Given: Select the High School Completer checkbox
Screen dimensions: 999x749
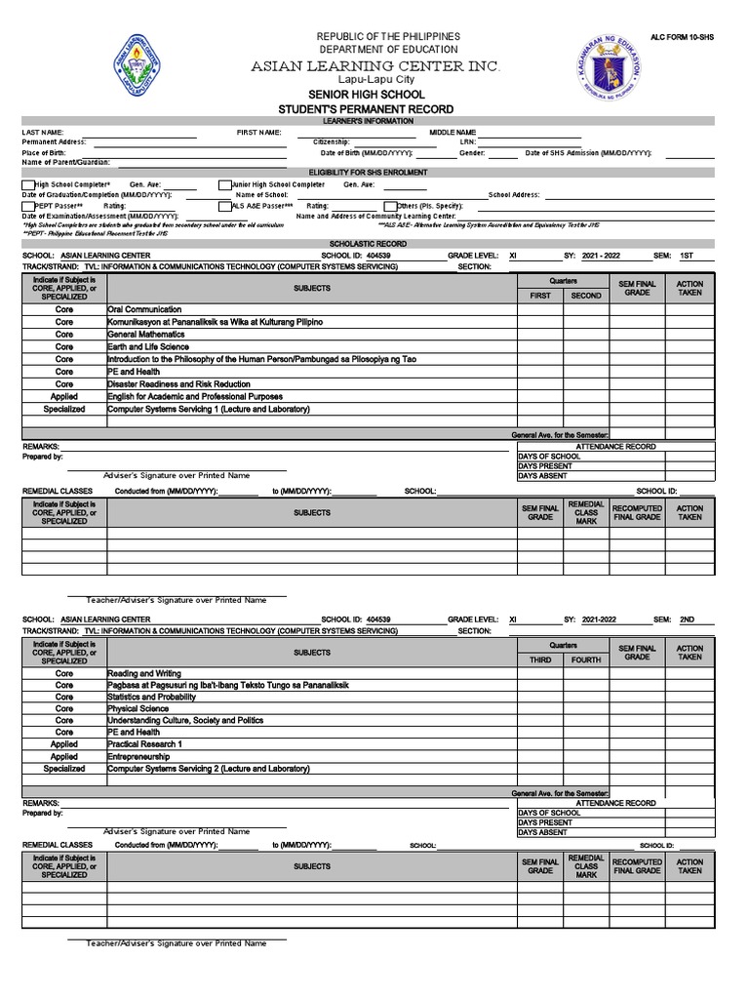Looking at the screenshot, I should pyautogui.click(x=26, y=183).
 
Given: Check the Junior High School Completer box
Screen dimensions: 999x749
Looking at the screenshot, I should pyautogui.click(x=223, y=183).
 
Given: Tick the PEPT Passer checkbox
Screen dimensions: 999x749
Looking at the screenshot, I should pyautogui.click(x=26, y=206).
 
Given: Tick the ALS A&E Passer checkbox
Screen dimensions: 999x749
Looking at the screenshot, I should pyautogui.click(x=223, y=206).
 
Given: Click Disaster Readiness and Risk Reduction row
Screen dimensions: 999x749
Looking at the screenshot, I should pyautogui.click(x=178, y=384).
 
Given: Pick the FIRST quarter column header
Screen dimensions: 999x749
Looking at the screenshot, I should pyautogui.click(x=539, y=296).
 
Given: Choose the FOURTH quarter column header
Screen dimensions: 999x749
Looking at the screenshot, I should pyautogui.click(x=586, y=660).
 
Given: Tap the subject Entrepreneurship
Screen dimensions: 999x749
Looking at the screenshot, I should pyautogui.click(x=138, y=756).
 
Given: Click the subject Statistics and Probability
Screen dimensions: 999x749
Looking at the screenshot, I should pyautogui.click(x=151, y=698).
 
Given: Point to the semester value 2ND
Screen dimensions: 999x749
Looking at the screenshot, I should pyautogui.click(x=687, y=619).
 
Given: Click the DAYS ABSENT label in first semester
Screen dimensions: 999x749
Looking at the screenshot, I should pyautogui.click(x=543, y=476).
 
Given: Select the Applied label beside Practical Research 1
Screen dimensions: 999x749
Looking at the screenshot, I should pyautogui.click(x=64, y=744).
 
